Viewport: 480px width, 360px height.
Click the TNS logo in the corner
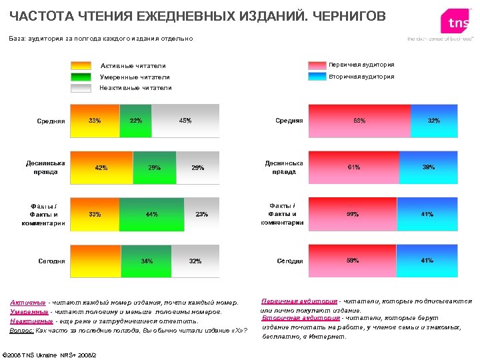click(457, 23)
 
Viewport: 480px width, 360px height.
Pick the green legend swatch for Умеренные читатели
click(81, 77)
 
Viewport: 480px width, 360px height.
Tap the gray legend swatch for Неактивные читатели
click(81, 87)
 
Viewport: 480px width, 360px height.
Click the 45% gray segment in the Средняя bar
click(185, 121)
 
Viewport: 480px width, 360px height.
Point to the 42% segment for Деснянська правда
click(102, 167)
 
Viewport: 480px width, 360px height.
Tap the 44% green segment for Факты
click(152, 214)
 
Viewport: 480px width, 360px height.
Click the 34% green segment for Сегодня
click(146, 261)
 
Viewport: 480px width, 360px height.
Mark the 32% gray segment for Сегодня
click(195, 261)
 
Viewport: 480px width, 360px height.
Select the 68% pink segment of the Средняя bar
click(359, 121)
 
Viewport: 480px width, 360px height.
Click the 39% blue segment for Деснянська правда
click(429, 167)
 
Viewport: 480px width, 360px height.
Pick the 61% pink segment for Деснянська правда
click(353, 167)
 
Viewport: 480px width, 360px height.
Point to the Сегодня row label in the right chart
click(290, 261)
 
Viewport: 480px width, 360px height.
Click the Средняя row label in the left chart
click(51, 121)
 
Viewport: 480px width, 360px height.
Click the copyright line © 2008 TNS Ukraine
click(50, 354)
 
